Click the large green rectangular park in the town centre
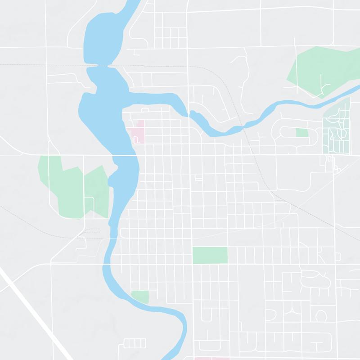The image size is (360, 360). click(210, 255)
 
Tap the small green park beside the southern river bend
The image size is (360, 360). click(140, 297)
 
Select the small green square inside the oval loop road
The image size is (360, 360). click(302, 132)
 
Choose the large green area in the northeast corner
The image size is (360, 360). click(319, 70)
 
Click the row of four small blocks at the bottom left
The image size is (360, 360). click(135, 343)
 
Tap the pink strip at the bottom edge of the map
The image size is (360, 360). click(211, 358)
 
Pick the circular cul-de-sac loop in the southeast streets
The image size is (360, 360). click(321, 315)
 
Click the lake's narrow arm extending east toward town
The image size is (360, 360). click(157, 98)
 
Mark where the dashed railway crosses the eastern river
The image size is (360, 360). click(242, 125)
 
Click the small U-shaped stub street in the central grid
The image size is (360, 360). click(198, 179)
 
